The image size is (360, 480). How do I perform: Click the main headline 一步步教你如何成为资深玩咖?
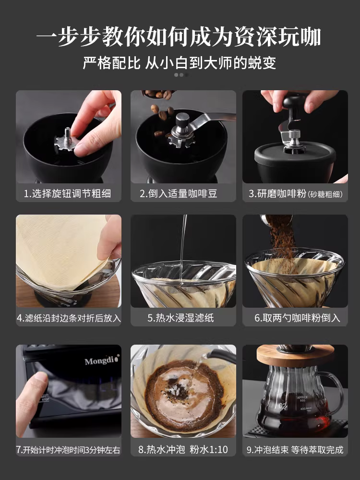coord(180,37)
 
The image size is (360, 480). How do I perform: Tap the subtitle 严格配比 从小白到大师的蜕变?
coord(180,63)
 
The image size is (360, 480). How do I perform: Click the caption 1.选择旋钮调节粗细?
coord(68,194)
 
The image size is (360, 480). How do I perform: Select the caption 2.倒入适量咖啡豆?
coord(183,194)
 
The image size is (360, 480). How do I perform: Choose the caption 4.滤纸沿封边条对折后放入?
coord(69,318)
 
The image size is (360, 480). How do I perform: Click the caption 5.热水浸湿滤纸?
coord(183,318)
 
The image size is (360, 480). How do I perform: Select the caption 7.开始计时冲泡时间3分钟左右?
coord(68,450)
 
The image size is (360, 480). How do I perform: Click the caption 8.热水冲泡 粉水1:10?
coord(183,450)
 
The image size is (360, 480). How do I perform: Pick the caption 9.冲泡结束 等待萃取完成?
coord(295,450)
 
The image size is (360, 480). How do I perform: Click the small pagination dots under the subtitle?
coord(180,75)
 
